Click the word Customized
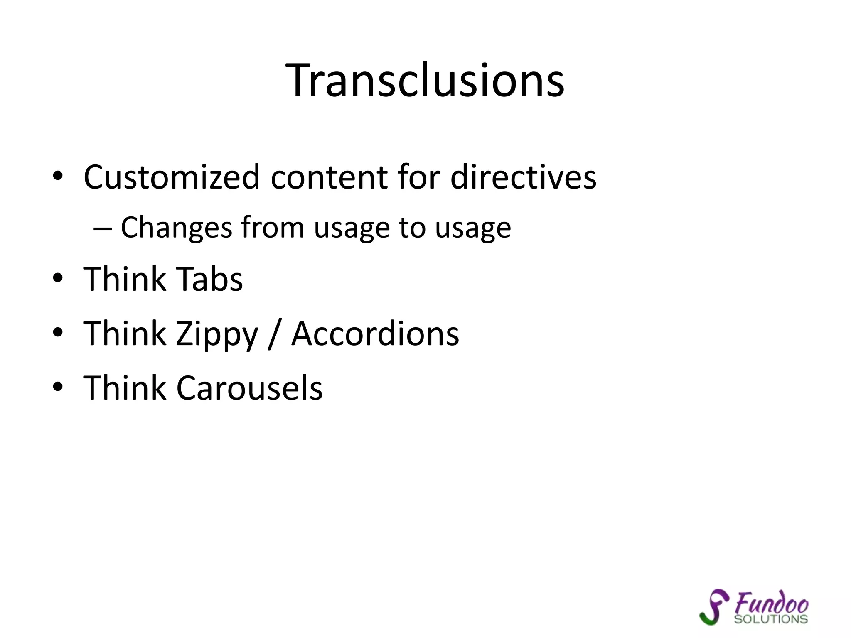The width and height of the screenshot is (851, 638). tap(172, 177)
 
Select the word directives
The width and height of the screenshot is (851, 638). tap(523, 177)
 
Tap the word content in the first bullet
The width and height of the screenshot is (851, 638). tap(329, 177)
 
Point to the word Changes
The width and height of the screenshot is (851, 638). tap(176, 228)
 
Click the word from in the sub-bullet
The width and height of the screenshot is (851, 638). tap(273, 228)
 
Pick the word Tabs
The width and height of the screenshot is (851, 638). tap(209, 279)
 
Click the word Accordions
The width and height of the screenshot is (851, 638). tap(375, 334)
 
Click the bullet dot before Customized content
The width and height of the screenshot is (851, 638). tap(58, 177)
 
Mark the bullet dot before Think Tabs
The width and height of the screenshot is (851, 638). tap(58, 279)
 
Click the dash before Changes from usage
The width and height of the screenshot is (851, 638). tap(103, 228)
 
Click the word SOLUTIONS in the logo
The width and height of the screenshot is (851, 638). tap(771, 619)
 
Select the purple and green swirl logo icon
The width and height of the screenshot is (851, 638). tap(714, 607)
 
